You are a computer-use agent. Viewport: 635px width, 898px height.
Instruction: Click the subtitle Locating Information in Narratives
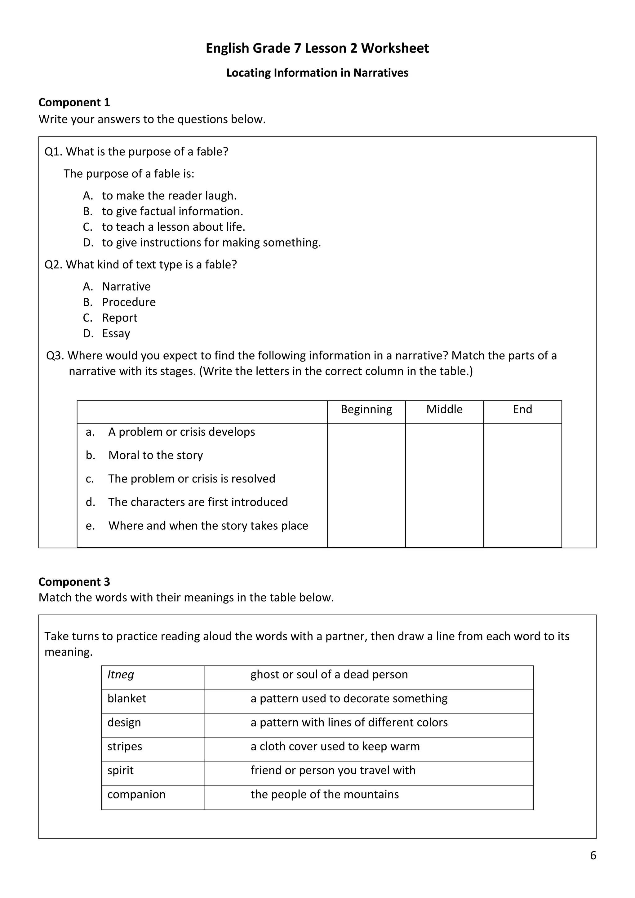click(x=317, y=73)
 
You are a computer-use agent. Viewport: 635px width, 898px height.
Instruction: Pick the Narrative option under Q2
click(x=126, y=287)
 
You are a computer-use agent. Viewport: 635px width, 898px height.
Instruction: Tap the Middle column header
click(x=444, y=410)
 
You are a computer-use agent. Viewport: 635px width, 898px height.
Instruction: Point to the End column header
click(x=522, y=410)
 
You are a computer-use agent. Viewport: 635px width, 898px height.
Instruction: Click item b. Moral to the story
click(x=155, y=455)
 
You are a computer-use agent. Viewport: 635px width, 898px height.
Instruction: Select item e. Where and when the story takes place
click(x=208, y=526)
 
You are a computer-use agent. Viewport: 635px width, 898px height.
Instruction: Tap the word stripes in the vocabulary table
click(x=124, y=746)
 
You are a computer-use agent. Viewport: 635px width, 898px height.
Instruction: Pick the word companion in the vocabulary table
click(x=136, y=794)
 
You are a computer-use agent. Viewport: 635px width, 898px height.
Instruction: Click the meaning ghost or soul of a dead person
click(x=329, y=675)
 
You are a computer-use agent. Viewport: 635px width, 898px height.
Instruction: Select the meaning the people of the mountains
click(x=325, y=794)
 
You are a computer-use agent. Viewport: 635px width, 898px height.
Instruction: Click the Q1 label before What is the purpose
click(x=54, y=152)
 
